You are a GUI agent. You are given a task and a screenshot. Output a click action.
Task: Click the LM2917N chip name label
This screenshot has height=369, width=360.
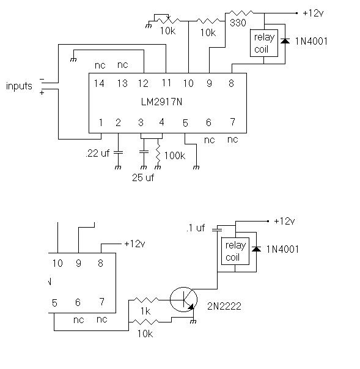162,102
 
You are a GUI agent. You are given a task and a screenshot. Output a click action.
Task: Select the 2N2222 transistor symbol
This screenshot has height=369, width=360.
183,299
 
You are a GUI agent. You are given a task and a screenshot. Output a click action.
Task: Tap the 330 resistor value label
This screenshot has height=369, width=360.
238,23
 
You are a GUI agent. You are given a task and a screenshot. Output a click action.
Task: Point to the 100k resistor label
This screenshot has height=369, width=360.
175,155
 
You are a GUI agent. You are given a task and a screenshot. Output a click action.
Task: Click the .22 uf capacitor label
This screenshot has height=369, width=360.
98,153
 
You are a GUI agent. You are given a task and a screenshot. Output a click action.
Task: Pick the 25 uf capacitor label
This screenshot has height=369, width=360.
143,177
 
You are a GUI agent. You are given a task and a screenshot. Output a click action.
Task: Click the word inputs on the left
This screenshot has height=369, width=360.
19,86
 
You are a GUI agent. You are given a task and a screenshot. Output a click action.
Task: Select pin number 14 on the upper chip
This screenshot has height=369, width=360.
99,83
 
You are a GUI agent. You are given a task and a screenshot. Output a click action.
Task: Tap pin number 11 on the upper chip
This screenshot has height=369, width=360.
166,83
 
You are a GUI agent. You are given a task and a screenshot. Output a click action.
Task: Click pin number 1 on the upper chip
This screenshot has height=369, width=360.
101,122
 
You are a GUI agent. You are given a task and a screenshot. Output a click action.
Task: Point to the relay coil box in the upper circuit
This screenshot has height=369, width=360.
264,43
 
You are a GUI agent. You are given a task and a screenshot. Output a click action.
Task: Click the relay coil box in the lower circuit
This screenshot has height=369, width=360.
235,251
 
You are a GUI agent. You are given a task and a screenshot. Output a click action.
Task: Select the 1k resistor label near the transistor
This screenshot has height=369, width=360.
145,311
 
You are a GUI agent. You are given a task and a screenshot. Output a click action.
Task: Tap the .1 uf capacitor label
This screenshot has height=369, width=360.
196,228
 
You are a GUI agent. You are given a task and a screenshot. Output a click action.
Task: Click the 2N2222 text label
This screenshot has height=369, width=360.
224,306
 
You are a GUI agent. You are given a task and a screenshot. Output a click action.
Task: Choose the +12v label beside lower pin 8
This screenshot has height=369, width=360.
134,244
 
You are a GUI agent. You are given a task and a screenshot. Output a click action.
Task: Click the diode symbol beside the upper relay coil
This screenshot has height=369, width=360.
285,41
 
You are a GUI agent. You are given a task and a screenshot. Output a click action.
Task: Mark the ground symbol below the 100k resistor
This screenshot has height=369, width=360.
158,167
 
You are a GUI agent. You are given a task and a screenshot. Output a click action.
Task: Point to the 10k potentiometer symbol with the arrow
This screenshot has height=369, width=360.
167,19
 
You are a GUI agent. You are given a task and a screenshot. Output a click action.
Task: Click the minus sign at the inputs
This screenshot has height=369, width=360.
42,80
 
